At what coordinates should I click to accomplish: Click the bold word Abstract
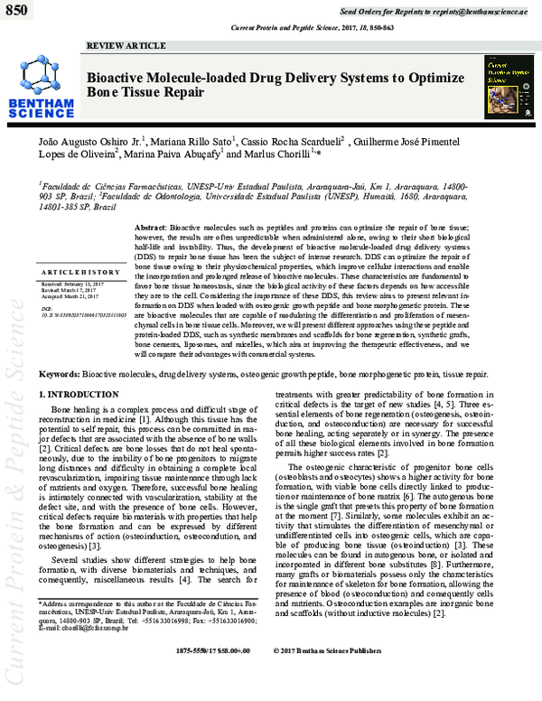pyautogui.click(x=149, y=224)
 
